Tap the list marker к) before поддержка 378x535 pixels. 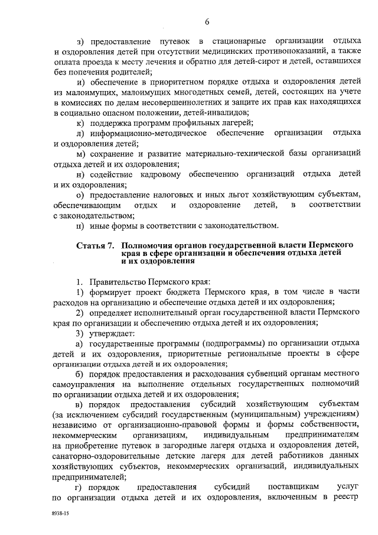pyautogui.click(x=80, y=122)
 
